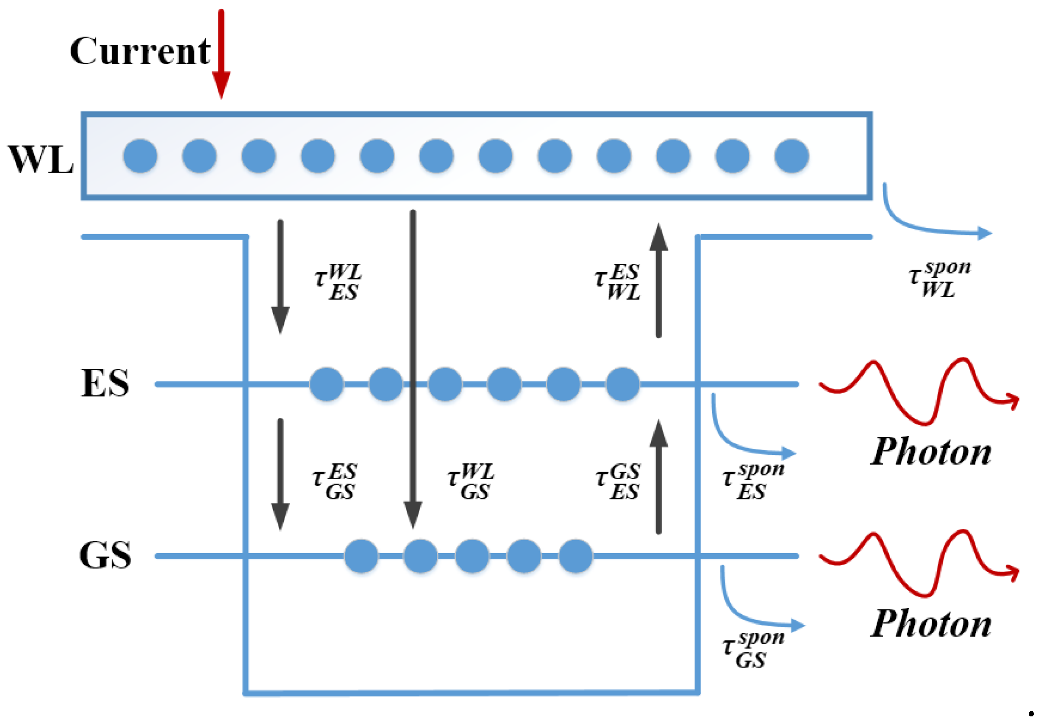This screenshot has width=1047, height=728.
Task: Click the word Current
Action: pyautogui.click(x=140, y=51)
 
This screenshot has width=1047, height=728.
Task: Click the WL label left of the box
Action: pyautogui.click(x=41, y=160)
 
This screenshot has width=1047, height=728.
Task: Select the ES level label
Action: pyautogui.click(x=105, y=383)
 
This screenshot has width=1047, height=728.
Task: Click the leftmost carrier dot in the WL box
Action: pyautogui.click(x=140, y=156)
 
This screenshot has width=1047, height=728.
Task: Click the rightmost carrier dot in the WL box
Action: pyautogui.click(x=791, y=156)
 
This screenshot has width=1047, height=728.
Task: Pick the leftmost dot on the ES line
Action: pyautogui.click(x=326, y=384)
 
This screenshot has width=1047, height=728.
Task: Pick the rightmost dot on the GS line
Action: pyautogui.click(x=575, y=556)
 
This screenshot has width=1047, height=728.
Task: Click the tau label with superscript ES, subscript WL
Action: pyautogui.click(x=618, y=282)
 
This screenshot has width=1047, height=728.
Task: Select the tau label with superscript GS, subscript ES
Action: pyautogui.click(x=619, y=481)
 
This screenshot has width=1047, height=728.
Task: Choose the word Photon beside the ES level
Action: pyautogui.click(x=931, y=452)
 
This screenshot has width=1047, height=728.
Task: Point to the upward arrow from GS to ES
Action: pyautogui.click(x=658, y=477)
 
